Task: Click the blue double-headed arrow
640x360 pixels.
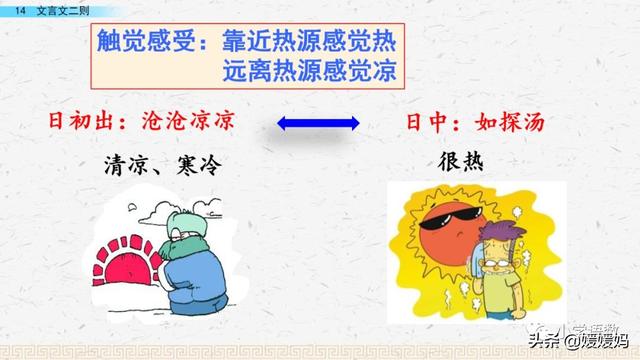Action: tap(317, 123)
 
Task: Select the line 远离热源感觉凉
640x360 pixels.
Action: tap(310, 72)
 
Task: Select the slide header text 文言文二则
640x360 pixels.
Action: tap(61, 8)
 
